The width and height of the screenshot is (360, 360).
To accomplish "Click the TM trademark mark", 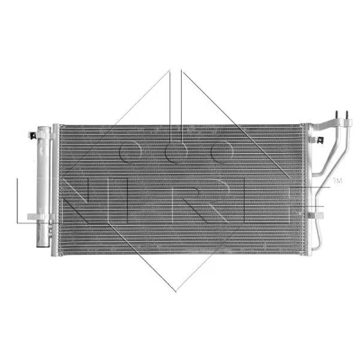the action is coord(337,181).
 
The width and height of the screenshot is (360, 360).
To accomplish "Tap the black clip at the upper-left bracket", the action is coord(32,136).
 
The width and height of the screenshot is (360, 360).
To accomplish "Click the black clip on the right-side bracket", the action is coord(319,139).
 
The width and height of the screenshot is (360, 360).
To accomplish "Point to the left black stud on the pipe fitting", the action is coord(337,115).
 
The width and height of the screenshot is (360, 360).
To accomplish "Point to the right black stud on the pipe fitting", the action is coord(347,115).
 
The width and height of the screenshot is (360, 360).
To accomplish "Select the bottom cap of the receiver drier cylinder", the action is coord(42,244).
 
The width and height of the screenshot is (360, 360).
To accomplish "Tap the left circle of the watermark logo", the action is coord(130,152).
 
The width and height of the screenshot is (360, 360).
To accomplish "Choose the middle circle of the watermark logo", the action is coord(176,152).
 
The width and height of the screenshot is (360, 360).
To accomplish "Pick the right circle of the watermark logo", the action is coord(222,152).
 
